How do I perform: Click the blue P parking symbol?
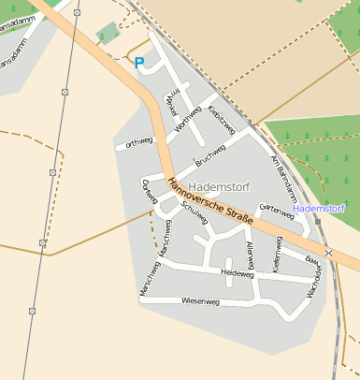pyautogui.click(x=139, y=64)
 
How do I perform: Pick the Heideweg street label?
pyautogui.click(x=237, y=274)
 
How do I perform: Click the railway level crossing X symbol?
pyautogui.click(x=328, y=253)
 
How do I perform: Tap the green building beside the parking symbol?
pyautogui.click(x=108, y=34)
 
